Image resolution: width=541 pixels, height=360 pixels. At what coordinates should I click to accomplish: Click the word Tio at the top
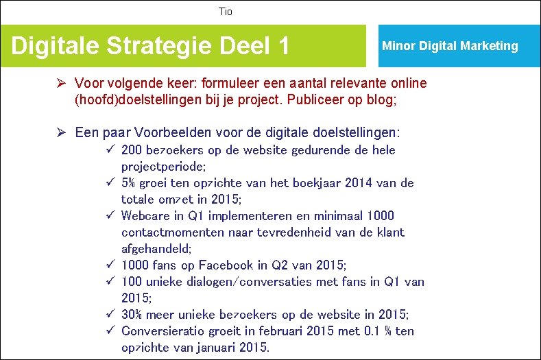pyautogui.click(x=226, y=12)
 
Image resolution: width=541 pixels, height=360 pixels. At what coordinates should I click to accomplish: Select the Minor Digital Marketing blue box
pyautogui.click(x=450, y=46)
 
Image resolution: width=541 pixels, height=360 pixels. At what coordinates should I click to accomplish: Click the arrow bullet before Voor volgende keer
pyautogui.click(x=61, y=84)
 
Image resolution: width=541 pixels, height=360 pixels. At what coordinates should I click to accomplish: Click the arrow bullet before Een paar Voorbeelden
pyautogui.click(x=61, y=132)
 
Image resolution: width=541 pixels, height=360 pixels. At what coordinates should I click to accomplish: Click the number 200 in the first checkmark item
pyautogui.click(x=132, y=150)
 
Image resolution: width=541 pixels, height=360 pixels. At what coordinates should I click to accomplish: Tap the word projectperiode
pyautogui.click(x=162, y=167)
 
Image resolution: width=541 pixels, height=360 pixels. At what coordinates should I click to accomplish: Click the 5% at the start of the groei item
pyautogui.click(x=128, y=183)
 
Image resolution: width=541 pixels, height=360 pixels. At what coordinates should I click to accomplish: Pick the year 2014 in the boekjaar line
pyautogui.click(x=357, y=183)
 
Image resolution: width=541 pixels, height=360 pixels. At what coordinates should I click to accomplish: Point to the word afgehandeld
pyautogui.click(x=156, y=249)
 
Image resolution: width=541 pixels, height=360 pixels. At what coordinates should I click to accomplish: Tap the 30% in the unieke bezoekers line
pyautogui.click(x=132, y=315)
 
